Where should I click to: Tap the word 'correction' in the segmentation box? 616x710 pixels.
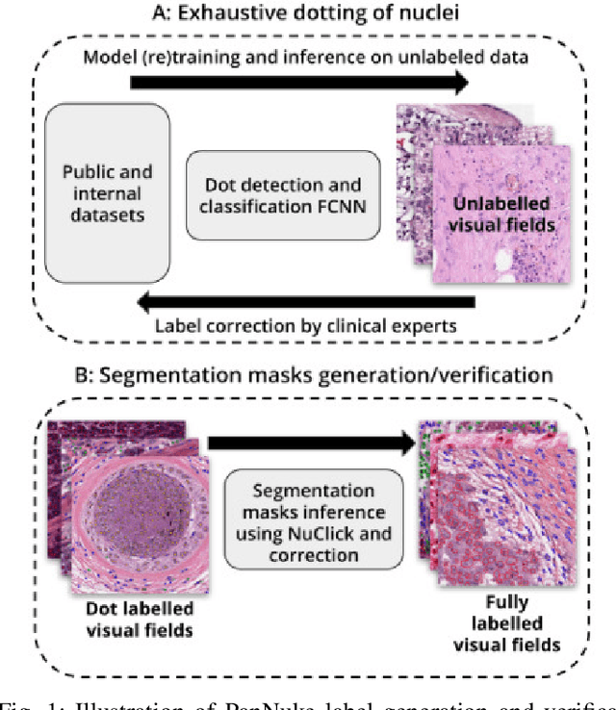[314, 555]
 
